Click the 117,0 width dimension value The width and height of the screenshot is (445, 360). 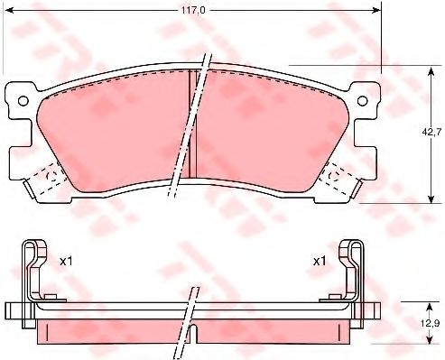tap(193, 10)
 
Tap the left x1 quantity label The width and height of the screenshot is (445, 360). tap(66, 262)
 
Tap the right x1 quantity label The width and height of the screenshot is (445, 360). tap(320, 262)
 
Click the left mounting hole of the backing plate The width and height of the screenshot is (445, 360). tap(23, 101)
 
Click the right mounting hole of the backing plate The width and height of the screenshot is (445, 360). tap(362, 101)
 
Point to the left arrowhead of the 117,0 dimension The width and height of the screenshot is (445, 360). tap(10, 11)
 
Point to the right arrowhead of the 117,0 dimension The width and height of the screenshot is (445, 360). tap(376, 11)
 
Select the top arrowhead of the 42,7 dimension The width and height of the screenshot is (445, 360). tap(431, 71)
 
